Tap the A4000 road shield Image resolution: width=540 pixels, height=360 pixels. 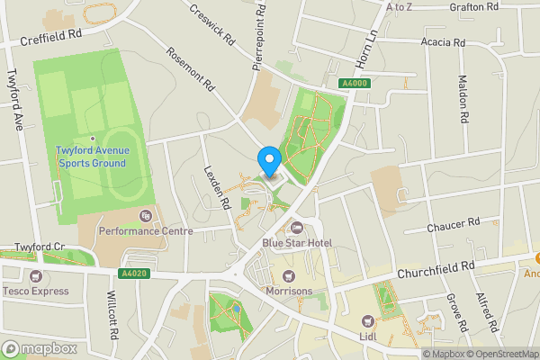point(355,84)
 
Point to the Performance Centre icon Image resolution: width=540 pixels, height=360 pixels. point(145,216)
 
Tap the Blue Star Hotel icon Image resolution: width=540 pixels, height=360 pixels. point(296,228)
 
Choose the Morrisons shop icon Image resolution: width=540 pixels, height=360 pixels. point(289,276)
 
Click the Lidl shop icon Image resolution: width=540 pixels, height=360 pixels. point(367,320)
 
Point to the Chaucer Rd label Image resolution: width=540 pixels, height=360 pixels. point(454,224)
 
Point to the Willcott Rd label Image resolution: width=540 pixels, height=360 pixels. point(112,314)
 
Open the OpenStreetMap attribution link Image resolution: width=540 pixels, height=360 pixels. point(500,353)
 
